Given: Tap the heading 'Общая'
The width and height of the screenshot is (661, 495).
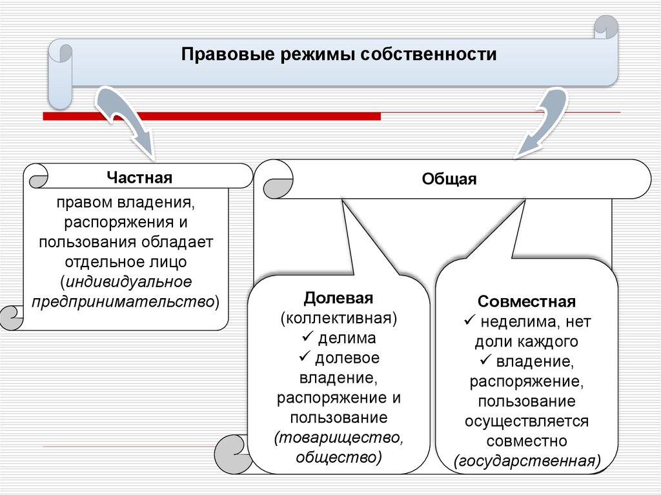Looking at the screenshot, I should point(449,179).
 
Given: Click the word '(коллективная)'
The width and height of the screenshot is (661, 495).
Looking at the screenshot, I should point(339,318).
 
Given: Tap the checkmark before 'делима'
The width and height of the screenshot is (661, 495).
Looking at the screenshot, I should point(307,338).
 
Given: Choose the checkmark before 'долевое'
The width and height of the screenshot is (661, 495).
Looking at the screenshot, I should point(305,357).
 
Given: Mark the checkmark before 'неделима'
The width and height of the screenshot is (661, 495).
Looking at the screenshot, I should point(470,321).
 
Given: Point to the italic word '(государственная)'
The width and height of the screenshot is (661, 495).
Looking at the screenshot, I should point(527,461).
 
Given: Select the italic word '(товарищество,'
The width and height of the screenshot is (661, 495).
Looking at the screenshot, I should point(339,438).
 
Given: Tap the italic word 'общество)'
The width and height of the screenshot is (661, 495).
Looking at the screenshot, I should point(339,457).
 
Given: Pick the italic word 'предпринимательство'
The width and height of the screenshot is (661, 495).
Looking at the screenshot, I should point(123,301).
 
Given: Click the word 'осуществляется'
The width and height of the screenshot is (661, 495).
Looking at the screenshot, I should point(527,421).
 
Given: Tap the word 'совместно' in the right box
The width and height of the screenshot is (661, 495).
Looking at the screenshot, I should point(527,441).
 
